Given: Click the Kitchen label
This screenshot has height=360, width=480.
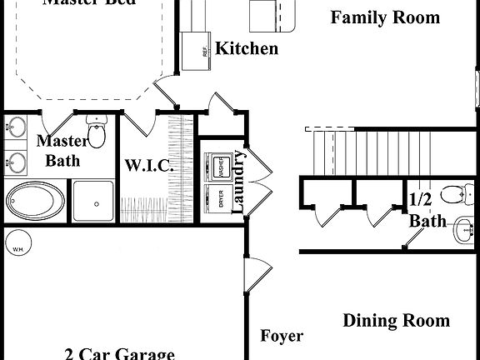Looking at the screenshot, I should pyautogui.click(x=247, y=48).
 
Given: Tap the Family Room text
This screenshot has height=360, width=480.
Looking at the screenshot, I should pyautogui.click(x=384, y=17).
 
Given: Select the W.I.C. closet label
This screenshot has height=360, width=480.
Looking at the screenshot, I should pyautogui.click(x=149, y=165).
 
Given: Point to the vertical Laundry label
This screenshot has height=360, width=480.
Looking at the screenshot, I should pyautogui.click(x=238, y=181).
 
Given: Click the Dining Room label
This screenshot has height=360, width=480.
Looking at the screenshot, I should pyautogui.click(x=396, y=320).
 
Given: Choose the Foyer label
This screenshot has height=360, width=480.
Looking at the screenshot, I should pyautogui.click(x=282, y=337).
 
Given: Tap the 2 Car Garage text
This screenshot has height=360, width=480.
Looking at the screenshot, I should pyautogui.click(x=119, y=352).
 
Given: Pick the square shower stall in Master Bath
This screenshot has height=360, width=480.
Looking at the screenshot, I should pyautogui.click(x=92, y=200).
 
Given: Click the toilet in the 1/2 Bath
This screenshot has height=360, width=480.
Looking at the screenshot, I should pyautogui.click(x=453, y=193).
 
